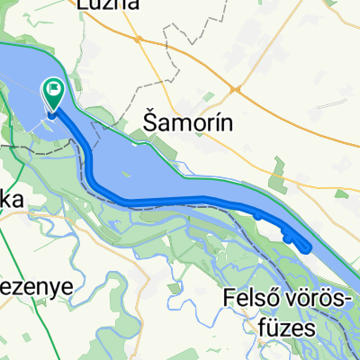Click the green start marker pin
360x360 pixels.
click(54, 94)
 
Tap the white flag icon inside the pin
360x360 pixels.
click(54, 89)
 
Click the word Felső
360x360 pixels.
click(248, 297)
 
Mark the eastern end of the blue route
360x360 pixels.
click(309, 247)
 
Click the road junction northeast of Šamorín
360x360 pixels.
click(238, 89)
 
